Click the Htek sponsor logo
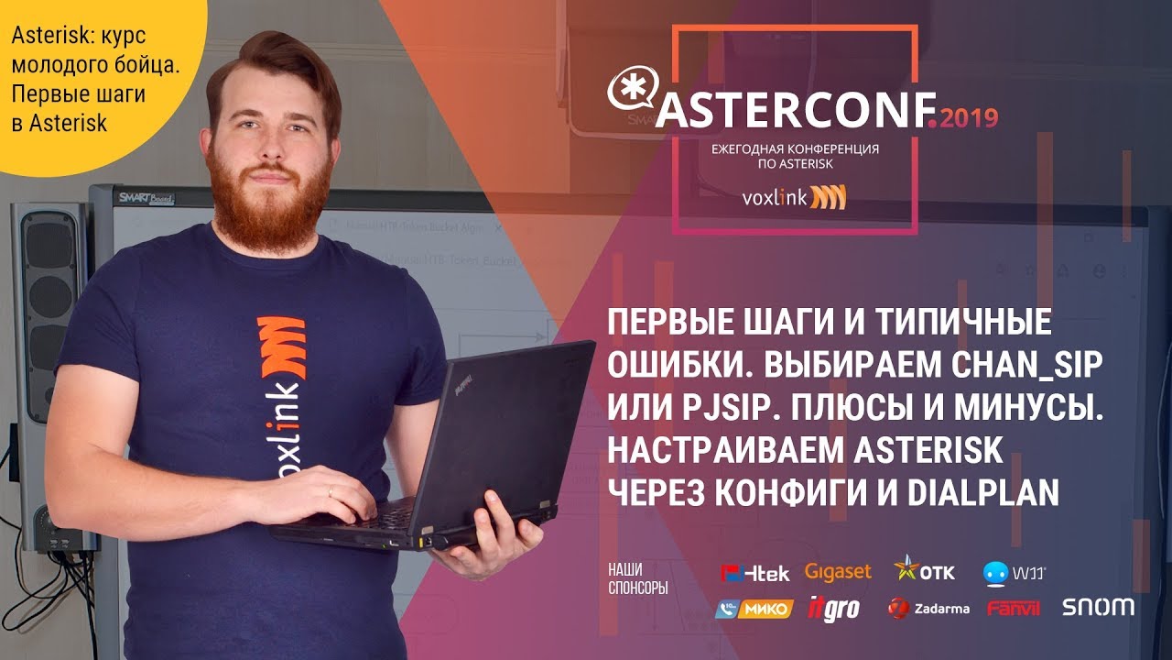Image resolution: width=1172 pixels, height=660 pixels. tap(755, 573)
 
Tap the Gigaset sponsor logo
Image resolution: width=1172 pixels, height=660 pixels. tap(838, 571)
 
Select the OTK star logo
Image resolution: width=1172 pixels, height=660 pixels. tap(924, 569)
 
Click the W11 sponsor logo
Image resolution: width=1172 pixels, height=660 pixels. tap(1014, 573)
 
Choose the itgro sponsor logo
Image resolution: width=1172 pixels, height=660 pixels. tap(833, 609)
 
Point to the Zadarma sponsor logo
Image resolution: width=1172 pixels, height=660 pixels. tap(928, 609)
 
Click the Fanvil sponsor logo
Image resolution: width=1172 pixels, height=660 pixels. tap(1016, 609)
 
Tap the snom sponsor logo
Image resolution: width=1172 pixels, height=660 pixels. tap(1098, 607)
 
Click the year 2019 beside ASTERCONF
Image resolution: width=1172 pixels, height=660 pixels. tap(969, 117)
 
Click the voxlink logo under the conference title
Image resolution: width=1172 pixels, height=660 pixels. tap(794, 197)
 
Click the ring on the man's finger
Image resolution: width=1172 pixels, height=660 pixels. tap(331, 491)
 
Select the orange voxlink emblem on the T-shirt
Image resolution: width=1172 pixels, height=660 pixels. tap(282, 349)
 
